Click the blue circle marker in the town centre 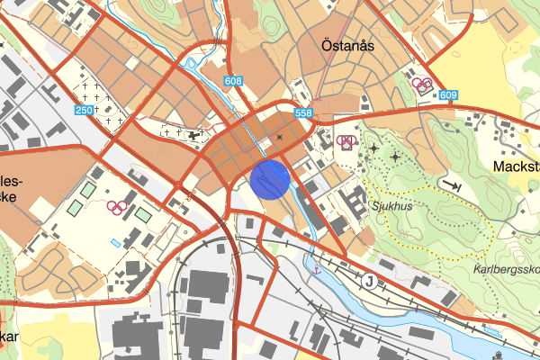(269, 178)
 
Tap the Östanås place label (346, 44)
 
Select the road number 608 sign (235, 82)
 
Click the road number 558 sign (302, 112)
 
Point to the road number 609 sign (449, 95)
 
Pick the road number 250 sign (85, 110)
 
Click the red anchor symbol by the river (316, 266)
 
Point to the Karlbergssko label (505, 269)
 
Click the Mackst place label (517, 166)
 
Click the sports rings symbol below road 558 (346, 140)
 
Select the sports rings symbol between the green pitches (115, 206)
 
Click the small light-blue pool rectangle (113, 243)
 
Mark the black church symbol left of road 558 (280, 137)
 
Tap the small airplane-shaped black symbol (197, 135)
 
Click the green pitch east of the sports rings (142, 214)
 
